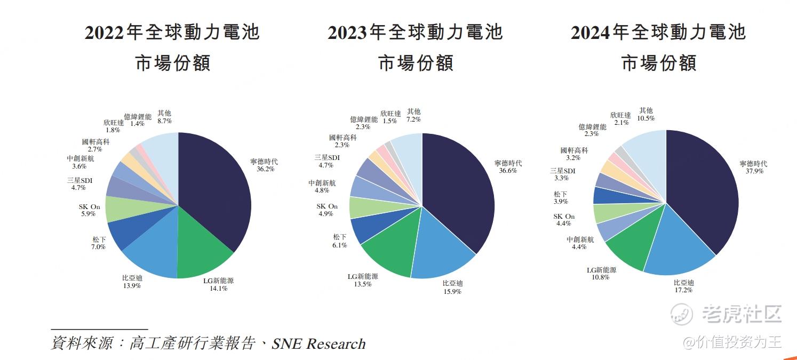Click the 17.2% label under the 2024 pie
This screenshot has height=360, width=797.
[x=683, y=290]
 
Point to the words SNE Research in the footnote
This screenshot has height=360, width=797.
[x=318, y=344]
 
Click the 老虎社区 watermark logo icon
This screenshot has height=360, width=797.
[x=682, y=314]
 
